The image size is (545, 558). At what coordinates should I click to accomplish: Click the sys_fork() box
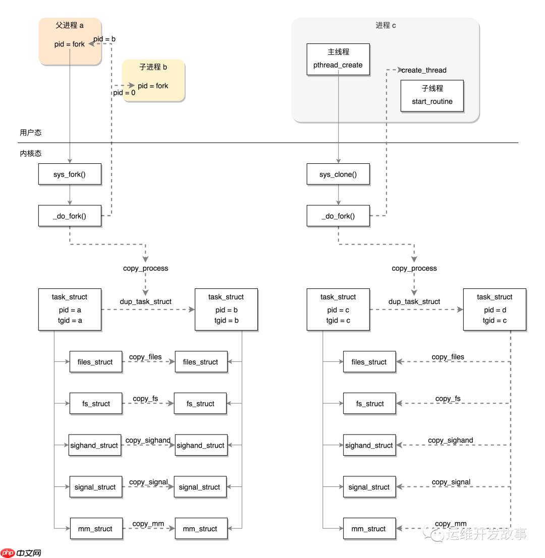70,174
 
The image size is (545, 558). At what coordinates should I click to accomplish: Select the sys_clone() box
338,174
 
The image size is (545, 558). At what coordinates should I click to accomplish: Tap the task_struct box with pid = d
495,309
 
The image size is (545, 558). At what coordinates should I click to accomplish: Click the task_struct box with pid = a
70,309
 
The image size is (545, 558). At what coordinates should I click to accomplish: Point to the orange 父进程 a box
70,41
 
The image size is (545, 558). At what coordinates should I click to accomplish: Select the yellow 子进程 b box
153,80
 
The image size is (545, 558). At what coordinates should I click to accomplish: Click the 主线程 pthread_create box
338,59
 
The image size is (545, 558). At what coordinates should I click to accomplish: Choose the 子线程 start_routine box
432,95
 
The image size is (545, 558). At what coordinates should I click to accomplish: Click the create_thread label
424,70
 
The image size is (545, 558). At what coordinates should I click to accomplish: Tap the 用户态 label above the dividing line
31,133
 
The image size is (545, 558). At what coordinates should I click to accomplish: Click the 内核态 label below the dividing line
31,153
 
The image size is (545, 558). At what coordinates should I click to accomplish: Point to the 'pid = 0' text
124,93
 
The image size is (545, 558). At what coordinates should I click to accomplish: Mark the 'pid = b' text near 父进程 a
104,39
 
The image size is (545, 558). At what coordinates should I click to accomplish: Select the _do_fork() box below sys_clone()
338,216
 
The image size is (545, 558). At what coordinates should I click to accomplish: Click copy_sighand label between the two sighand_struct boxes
148,440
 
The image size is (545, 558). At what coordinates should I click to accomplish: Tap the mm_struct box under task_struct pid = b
200,528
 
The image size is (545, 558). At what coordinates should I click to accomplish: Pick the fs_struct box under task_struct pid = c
370,403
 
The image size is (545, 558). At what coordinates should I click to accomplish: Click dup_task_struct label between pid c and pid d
414,301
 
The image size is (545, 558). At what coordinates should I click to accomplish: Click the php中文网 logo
21,552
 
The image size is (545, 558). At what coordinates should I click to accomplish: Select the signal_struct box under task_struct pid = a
95,487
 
